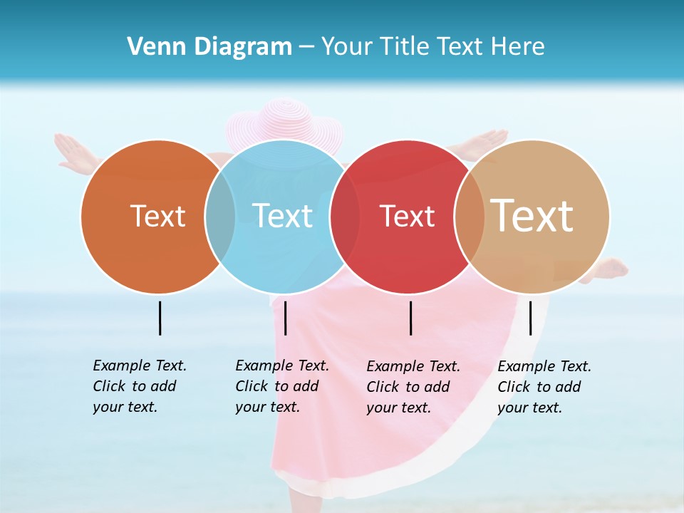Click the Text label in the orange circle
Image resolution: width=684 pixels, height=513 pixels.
pyautogui.click(x=157, y=216)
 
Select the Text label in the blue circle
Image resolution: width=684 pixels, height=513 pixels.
pyautogui.click(x=283, y=216)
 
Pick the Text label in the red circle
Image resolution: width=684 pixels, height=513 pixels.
pyautogui.click(x=407, y=216)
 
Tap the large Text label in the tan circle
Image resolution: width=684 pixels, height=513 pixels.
pyautogui.click(x=532, y=215)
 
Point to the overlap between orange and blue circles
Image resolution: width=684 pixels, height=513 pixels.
pyautogui.click(x=221, y=217)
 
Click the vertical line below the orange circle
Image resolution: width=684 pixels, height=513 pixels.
pyautogui.click(x=160, y=318)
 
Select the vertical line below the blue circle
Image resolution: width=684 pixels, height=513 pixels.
pyautogui.click(x=285, y=318)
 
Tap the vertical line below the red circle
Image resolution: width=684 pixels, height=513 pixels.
pyautogui.click(x=411, y=318)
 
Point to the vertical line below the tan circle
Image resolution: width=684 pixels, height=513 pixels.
pyautogui.click(x=530, y=318)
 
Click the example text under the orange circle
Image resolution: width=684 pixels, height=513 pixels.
pyautogui.click(x=139, y=386)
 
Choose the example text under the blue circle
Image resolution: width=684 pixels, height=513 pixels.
pyautogui.click(x=281, y=386)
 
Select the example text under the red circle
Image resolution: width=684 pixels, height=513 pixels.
pyautogui.click(x=413, y=387)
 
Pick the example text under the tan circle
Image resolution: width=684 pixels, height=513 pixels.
pyautogui.click(x=544, y=387)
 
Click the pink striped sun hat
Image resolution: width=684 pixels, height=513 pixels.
pyautogui.click(x=283, y=121)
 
